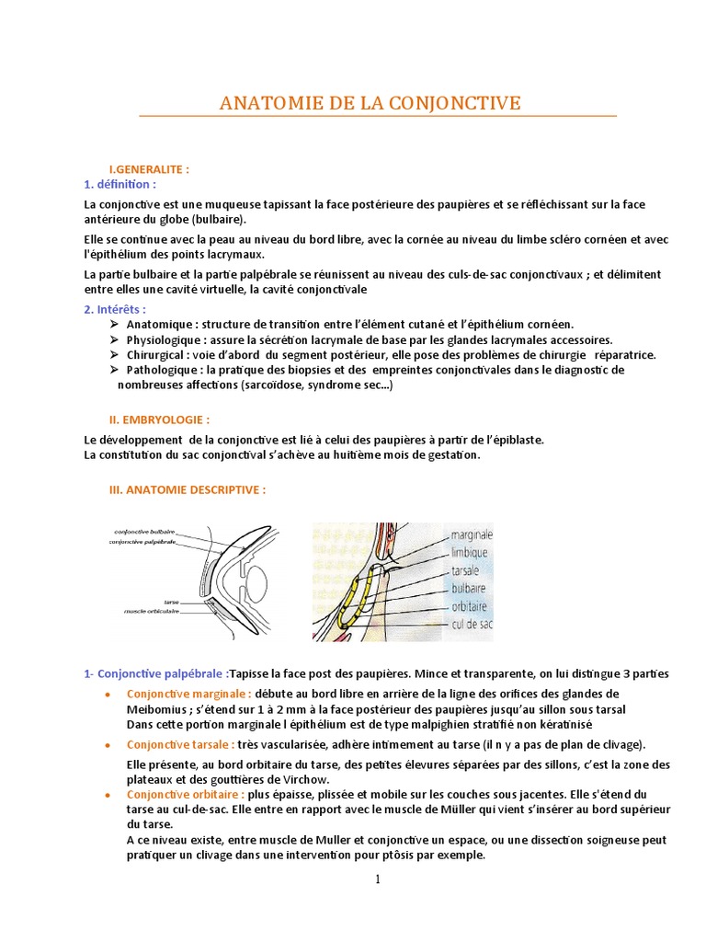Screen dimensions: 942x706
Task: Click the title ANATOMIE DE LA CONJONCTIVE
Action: click(370, 102)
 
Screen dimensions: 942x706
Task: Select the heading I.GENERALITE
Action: click(149, 170)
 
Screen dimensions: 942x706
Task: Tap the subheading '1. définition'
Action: click(120, 184)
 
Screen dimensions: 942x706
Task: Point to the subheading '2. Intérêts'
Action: click(115, 309)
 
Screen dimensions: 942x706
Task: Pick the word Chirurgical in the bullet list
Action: click(158, 354)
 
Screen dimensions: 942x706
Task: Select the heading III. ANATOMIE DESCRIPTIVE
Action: click(188, 490)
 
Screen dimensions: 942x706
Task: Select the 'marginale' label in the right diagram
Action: click(473, 534)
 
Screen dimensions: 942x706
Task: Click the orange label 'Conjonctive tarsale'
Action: click(180, 744)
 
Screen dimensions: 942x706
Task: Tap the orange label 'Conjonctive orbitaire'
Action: click(185, 793)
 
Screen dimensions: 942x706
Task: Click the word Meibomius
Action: click(156, 709)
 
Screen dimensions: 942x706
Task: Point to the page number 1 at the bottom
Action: click(377, 879)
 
